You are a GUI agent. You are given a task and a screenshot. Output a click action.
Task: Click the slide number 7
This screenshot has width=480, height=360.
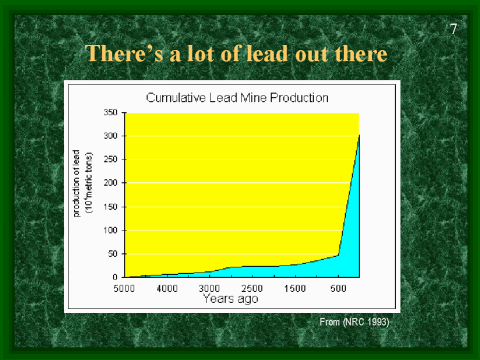454,28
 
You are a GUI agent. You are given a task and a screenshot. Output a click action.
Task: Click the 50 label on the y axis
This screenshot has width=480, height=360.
114,254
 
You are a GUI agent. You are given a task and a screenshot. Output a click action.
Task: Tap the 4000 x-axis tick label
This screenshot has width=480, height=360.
167,288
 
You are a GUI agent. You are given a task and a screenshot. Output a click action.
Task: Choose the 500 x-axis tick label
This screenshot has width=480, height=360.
338,288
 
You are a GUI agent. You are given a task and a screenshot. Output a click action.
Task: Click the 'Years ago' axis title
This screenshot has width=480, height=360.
232,298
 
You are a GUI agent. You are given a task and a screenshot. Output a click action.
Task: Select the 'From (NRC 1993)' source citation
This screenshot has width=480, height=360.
353,322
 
